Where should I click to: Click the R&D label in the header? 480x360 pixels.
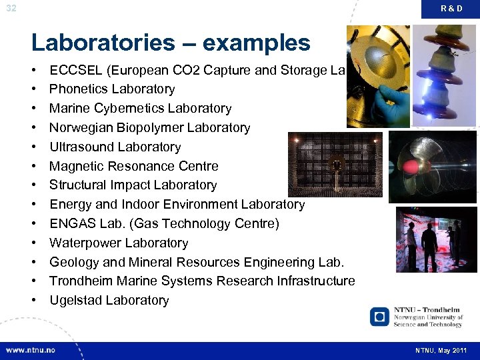(x=451, y=8)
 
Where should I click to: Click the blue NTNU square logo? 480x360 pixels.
(x=380, y=317)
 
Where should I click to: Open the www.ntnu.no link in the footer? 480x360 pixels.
(x=31, y=350)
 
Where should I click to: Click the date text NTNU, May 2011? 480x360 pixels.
(x=441, y=351)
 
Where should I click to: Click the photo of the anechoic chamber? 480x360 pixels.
(x=335, y=164)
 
